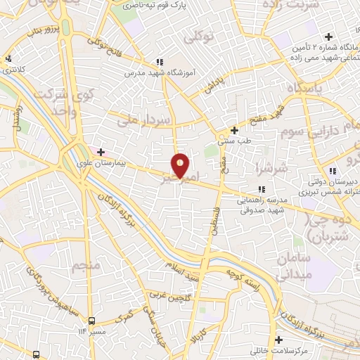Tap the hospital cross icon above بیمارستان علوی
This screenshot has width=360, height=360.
pyautogui.click(x=101, y=151)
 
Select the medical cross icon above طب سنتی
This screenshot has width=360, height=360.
pyautogui.click(x=235, y=131)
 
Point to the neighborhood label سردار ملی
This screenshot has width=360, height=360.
pyautogui.click(x=143, y=118)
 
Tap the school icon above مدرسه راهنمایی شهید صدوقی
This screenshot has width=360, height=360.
pyautogui.click(x=262, y=189)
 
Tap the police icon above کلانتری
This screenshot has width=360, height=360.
pyautogui.click(x=8, y=60)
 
